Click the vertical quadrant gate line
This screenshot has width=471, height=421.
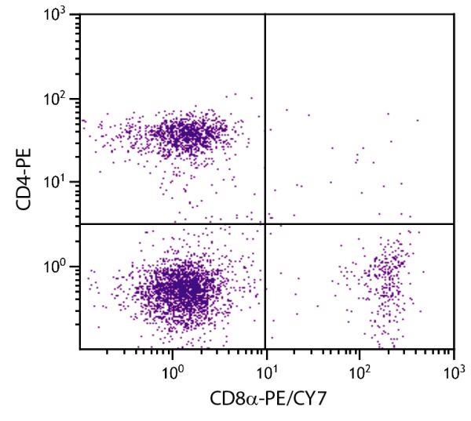[265, 118]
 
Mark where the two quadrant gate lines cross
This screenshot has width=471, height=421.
[265, 224]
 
